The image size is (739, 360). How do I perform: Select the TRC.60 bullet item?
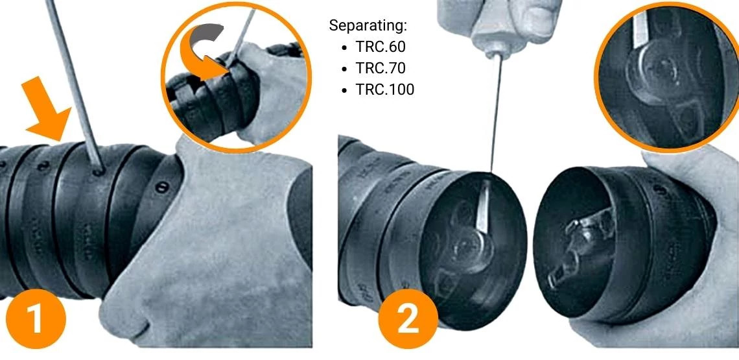[381, 47]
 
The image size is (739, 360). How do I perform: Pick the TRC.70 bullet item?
[381, 68]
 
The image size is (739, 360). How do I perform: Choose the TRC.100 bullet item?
[384, 90]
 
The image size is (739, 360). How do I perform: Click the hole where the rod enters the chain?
[98, 173]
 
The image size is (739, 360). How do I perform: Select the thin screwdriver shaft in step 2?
[495, 117]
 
